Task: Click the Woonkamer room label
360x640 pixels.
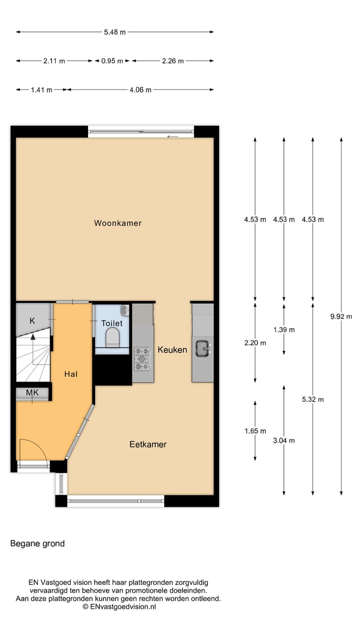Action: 117,223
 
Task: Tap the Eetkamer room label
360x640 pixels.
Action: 147,444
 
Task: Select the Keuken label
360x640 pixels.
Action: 172,349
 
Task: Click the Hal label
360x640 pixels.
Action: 70,373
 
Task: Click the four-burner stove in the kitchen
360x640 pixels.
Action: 142,358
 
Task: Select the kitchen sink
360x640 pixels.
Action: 202,348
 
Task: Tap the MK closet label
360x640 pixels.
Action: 32,393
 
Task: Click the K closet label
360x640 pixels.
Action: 32,320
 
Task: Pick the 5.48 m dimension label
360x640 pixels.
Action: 114,32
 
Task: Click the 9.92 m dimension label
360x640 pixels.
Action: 341,316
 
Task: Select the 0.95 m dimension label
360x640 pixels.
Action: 112,61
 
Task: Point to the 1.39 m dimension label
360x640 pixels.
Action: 284,329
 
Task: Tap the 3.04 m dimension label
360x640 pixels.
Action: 284,440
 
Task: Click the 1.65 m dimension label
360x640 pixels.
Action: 255,431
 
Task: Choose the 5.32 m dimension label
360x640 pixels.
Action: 313,399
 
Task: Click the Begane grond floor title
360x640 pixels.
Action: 37,543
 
